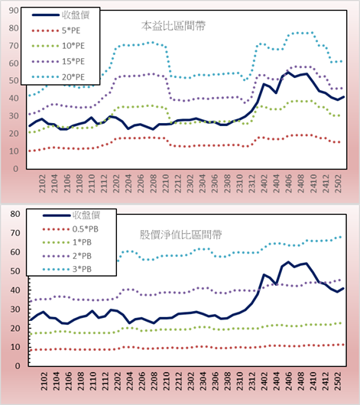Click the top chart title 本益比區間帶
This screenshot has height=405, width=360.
coord(174,26)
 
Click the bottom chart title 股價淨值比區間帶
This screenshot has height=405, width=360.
coord(180,235)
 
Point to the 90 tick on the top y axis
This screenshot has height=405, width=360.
coord(14,11)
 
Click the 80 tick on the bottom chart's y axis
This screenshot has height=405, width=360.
coord(15,214)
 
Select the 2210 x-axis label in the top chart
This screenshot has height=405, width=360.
coord(166,183)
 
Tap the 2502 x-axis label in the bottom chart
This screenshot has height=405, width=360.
coord(338,381)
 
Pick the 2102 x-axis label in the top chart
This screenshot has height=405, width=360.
coord(42,183)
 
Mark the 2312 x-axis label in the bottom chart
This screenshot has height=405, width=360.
coord(252,381)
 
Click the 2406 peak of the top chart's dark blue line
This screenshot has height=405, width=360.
coord(288,73)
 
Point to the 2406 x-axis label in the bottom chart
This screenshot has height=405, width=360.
coord(289,381)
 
